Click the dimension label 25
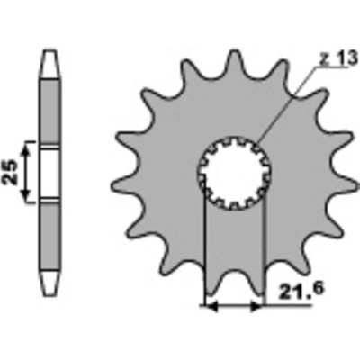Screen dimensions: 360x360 pos(11,172)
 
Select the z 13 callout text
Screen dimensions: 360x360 pos(338,58)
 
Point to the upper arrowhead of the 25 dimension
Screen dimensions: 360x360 pos(27,148)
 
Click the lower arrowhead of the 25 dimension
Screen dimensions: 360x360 pos(27,195)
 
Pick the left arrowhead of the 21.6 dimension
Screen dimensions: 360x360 pos(211,306)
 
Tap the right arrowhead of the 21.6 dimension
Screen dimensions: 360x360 pos(256,306)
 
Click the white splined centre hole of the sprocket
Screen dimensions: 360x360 pos(235,173)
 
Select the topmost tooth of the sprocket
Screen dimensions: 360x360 pos(235,61)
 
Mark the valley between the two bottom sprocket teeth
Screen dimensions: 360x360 pos(234,271)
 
